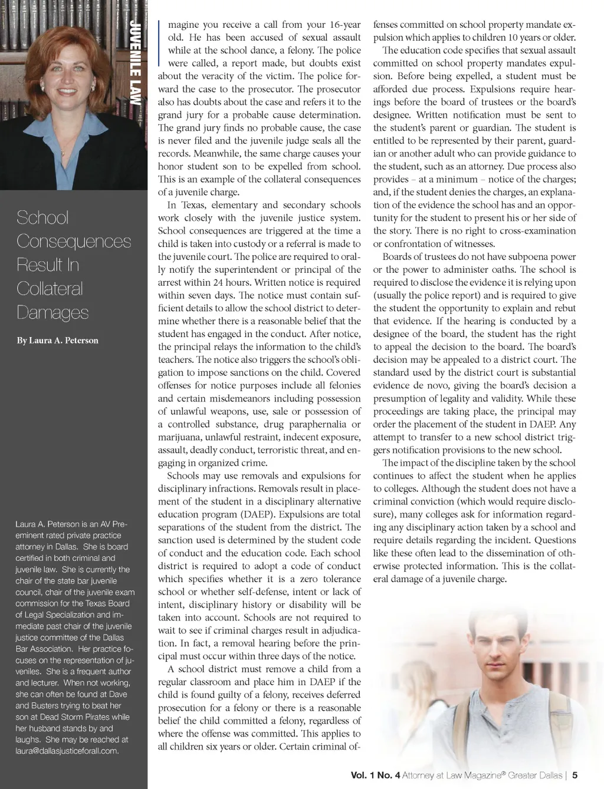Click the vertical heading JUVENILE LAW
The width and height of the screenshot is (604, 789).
pos(136,62)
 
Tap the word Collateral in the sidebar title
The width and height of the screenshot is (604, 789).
pos(50,289)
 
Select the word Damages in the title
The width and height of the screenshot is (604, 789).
pos(52,312)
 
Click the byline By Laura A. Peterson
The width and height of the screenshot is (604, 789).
pos(57,341)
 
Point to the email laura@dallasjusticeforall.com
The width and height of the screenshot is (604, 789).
pos(67,751)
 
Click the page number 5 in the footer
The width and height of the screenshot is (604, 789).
pos(575,775)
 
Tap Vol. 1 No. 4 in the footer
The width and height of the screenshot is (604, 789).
pos(375,775)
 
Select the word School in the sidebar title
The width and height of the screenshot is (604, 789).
pos(42,217)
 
